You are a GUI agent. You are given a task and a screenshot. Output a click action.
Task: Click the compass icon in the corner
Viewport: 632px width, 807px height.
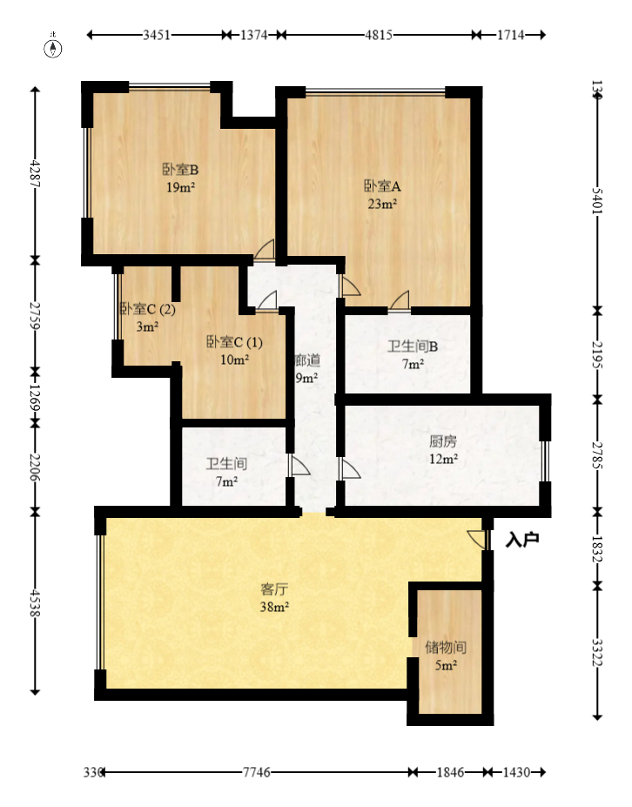(54, 47)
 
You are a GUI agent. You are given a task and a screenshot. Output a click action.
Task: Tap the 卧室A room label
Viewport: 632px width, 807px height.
(381, 185)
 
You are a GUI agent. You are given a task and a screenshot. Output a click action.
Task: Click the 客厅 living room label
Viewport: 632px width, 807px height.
(274, 589)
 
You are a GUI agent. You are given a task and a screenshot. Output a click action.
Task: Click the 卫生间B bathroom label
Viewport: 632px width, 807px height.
(413, 346)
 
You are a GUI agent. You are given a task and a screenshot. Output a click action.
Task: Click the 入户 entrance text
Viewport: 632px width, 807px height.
(522, 540)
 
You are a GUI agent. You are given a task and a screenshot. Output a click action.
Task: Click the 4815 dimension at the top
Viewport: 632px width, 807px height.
(378, 36)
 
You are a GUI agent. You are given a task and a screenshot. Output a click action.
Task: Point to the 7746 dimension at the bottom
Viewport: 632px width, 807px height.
(257, 772)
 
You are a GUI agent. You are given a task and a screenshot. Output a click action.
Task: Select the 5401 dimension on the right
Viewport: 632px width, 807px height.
(596, 200)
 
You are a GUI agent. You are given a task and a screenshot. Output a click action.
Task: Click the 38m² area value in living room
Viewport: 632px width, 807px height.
(274, 607)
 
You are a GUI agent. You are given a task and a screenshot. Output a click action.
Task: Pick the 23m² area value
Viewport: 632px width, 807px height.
(381, 204)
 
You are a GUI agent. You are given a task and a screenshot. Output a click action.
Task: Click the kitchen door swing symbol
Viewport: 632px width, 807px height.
(350, 471)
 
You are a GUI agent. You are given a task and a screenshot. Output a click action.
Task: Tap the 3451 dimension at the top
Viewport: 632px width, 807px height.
(156, 36)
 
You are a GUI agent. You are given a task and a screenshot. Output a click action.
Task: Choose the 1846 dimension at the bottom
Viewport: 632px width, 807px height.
(450, 772)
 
